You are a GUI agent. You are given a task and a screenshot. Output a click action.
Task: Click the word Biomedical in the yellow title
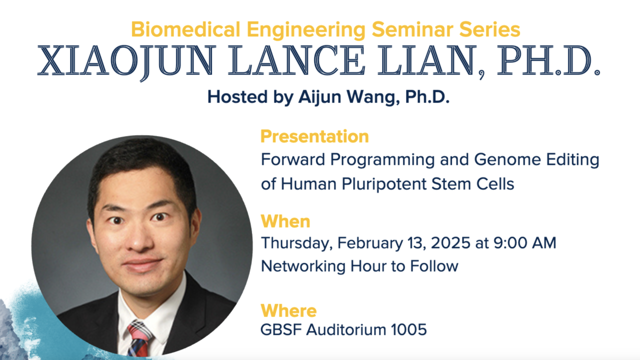[x=185, y=29]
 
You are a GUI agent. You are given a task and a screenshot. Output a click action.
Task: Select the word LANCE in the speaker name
[x=296, y=60]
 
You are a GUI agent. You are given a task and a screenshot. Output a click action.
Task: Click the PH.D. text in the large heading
[x=548, y=60]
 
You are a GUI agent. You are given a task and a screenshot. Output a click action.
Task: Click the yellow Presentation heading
[x=314, y=136]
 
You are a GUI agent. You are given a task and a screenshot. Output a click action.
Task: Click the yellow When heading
[x=285, y=221]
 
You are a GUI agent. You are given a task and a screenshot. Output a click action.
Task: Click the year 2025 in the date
[x=450, y=243]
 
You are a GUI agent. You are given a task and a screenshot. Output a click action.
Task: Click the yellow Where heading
[x=288, y=310]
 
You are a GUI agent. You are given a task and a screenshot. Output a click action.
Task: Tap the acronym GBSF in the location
[x=281, y=329]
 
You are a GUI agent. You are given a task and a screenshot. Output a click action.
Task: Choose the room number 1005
[x=408, y=329]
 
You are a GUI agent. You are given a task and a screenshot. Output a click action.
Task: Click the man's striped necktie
[x=139, y=339]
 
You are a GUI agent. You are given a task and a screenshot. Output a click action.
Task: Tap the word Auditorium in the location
[x=346, y=329]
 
